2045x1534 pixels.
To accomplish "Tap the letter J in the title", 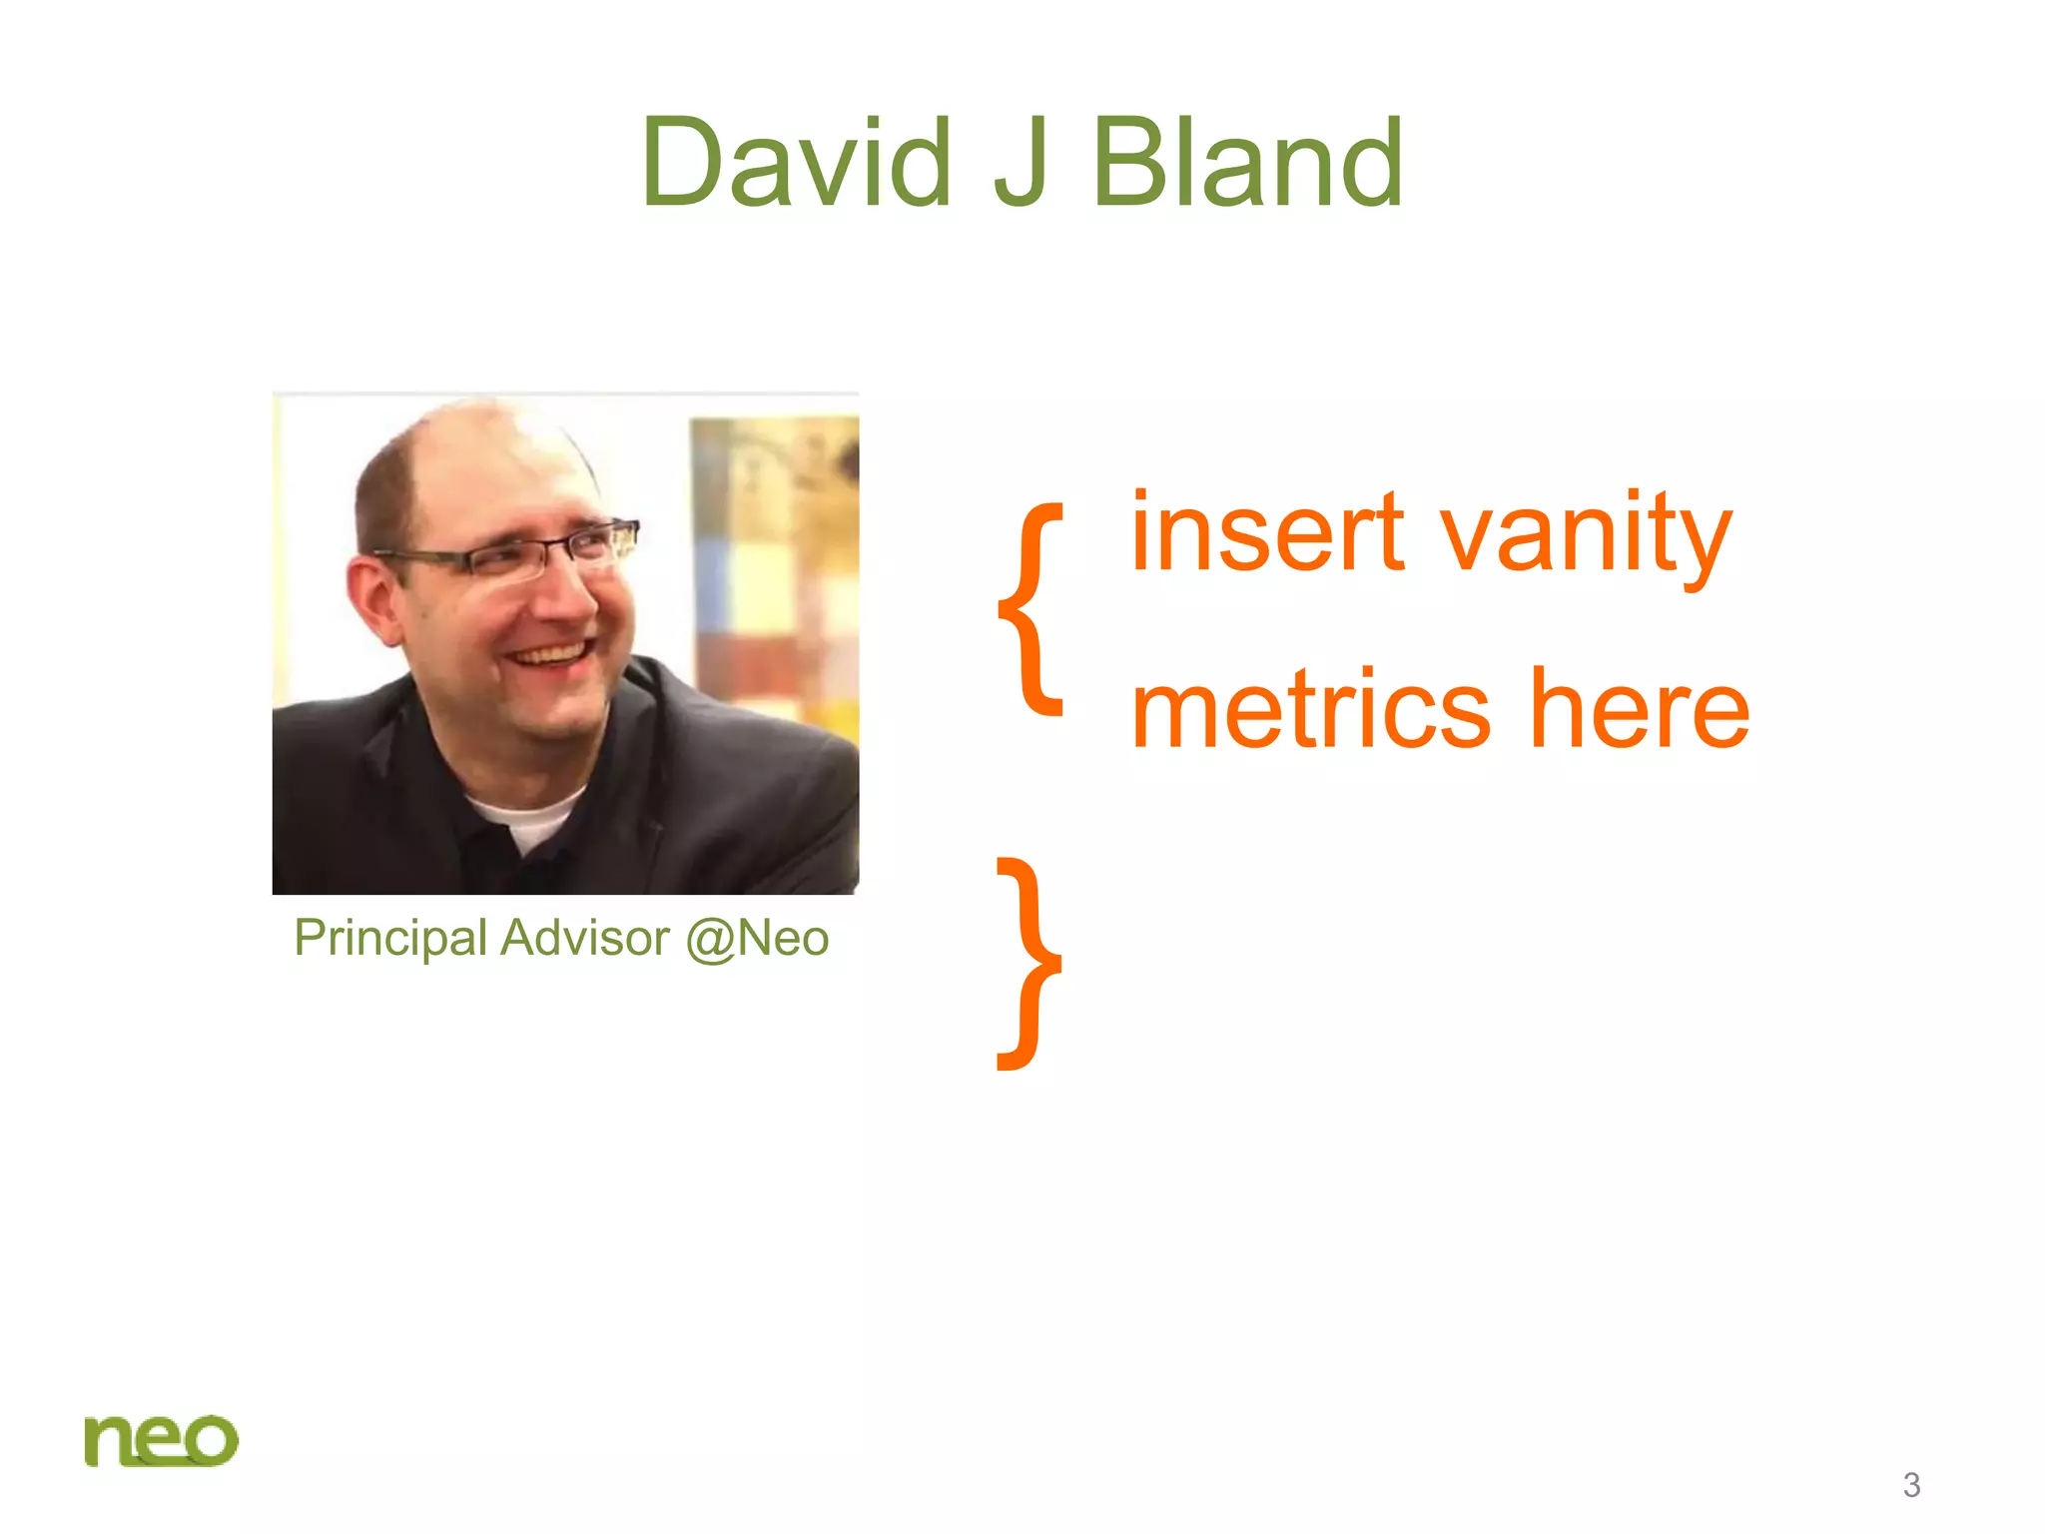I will [1021, 163].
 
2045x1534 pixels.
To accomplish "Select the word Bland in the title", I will [1248, 163].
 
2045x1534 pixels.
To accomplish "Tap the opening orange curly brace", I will [1032, 609].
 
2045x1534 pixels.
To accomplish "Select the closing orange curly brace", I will [1030, 964].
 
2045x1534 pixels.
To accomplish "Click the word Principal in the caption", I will [390, 939].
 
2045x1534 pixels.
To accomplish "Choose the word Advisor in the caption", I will [585, 939].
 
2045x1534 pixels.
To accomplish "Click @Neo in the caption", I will [757, 939].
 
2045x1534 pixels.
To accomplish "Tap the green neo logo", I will [161, 1440].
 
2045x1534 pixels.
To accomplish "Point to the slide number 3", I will [1911, 1485].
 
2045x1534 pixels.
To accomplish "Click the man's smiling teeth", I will [549, 655].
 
